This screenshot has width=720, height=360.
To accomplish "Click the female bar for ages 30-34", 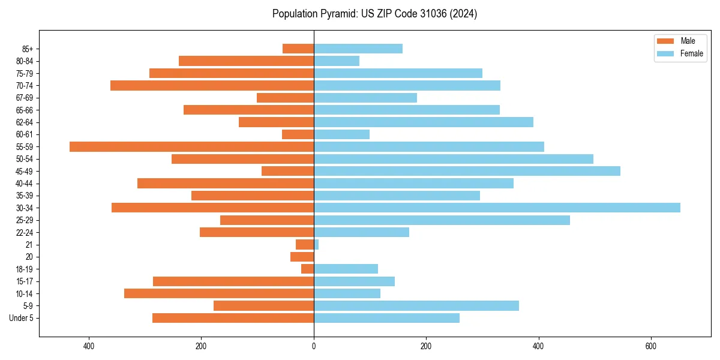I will click(497, 208).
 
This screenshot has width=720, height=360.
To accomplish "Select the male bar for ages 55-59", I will click(191, 146).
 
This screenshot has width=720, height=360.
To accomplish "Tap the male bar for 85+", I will click(298, 49).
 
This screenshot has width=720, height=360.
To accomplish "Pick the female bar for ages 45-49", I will click(467, 171).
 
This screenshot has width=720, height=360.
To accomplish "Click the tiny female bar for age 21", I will click(316, 244).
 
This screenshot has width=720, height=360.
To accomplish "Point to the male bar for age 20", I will click(302, 257).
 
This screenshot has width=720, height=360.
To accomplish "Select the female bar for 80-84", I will click(337, 61).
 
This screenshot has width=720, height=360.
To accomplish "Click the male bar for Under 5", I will click(233, 318).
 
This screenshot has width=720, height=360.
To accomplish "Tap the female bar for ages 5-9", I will click(416, 305).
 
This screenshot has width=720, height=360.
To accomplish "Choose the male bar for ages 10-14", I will click(219, 293).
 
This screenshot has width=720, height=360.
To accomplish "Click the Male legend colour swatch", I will click(665, 41).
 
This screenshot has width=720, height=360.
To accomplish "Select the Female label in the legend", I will click(692, 53).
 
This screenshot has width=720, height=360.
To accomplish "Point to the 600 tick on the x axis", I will click(650, 346).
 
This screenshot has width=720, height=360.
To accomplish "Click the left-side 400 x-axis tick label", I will click(89, 346).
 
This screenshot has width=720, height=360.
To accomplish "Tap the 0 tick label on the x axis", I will click(314, 346).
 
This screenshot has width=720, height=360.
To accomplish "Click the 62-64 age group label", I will click(25, 122).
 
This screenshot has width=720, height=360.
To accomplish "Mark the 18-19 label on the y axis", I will click(25, 269).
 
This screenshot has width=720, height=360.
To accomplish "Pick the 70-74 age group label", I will click(25, 85).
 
